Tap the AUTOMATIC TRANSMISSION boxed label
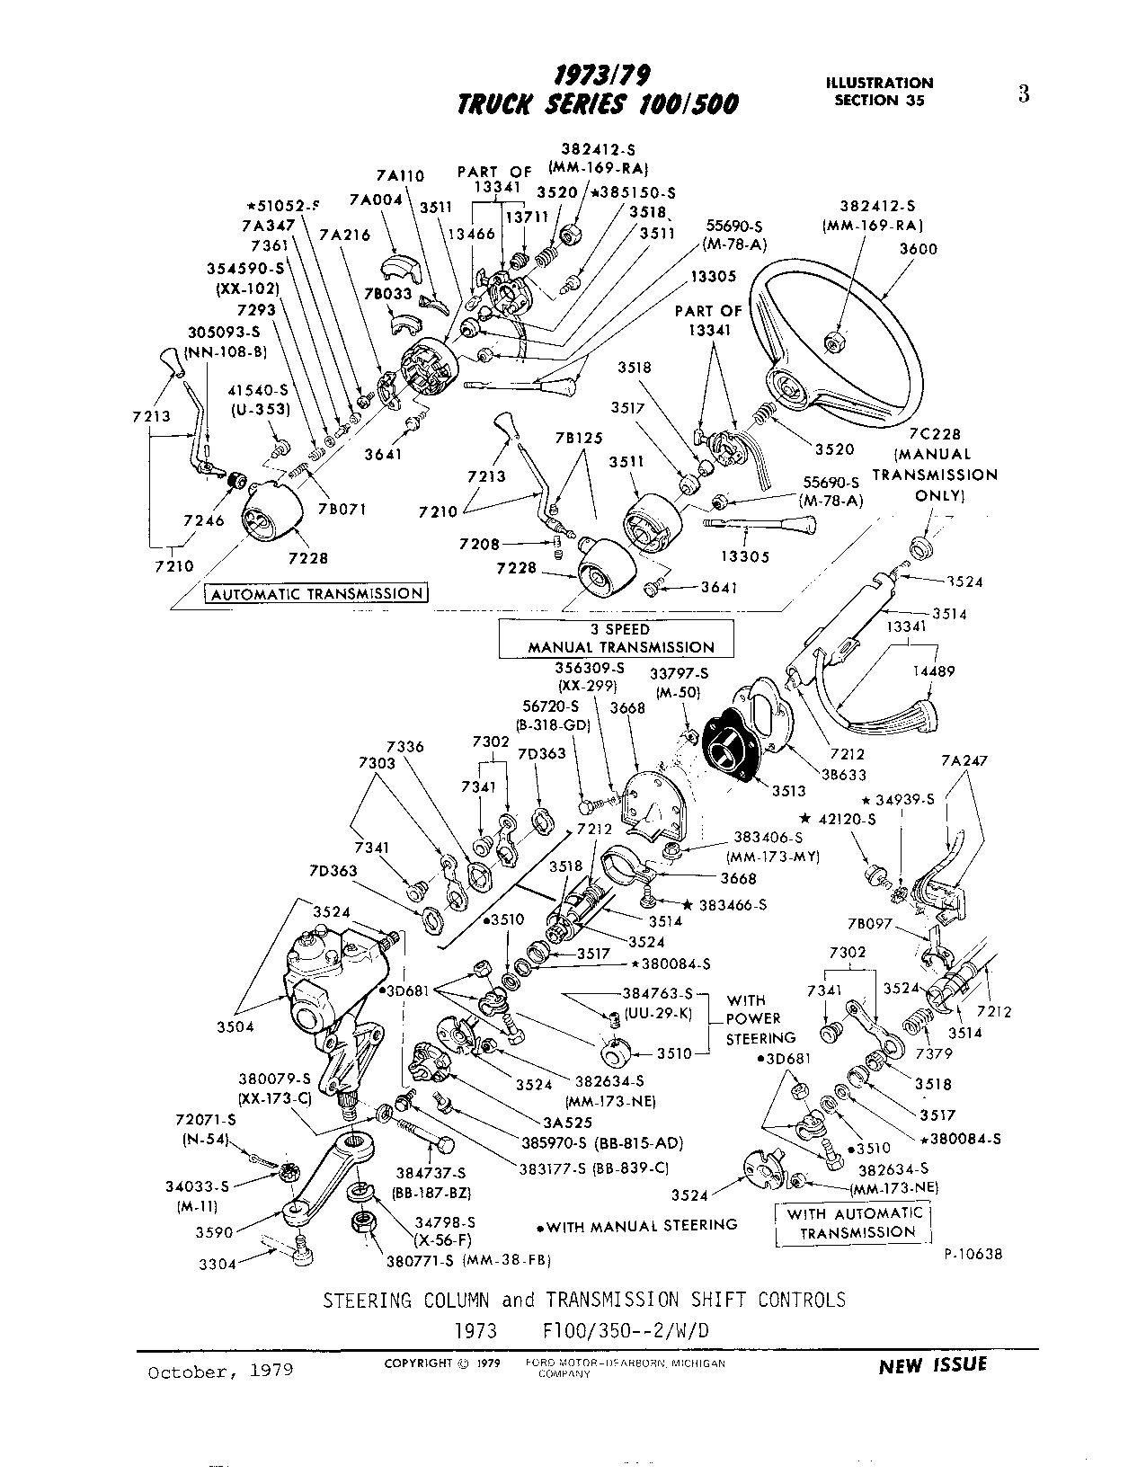click(x=316, y=594)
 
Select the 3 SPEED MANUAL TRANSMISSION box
click(x=616, y=638)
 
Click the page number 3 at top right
click(x=1023, y=94)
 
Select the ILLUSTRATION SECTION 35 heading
click(x=879, y=91)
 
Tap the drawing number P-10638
click(x=973, y=1254)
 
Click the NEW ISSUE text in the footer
click(x=932, y=1365)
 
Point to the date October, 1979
click(x=220, y=1372)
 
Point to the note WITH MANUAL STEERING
click(x=640, y=1225)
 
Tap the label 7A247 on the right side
click(x=964, y=760)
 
